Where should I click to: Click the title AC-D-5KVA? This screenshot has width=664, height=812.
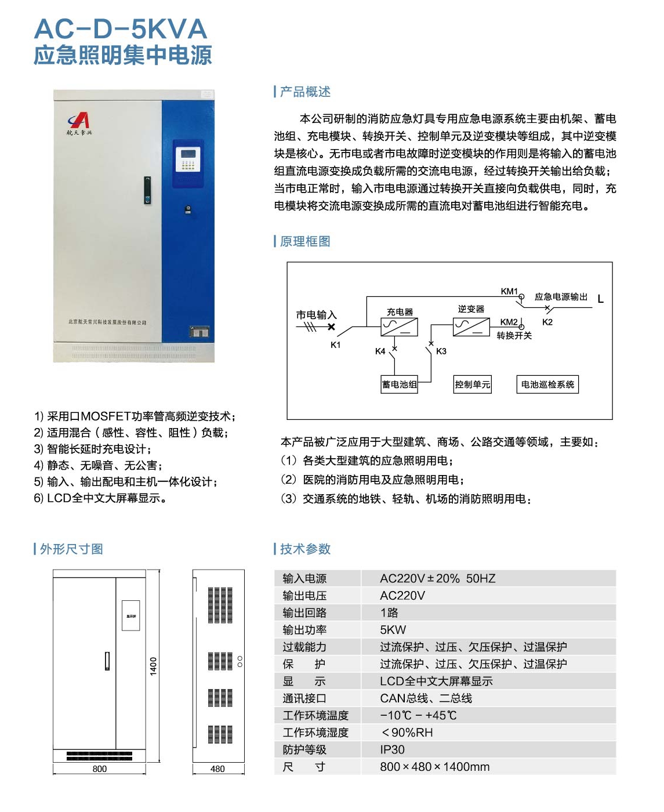point(121,29)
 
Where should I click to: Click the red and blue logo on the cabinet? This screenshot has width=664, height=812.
point(79,121)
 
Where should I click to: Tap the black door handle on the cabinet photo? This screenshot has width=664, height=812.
point(148,190)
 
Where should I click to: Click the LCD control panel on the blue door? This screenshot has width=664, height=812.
point(188,158)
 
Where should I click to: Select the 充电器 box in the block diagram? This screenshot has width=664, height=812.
point(399,327)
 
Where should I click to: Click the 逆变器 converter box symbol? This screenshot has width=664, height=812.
point(471,327)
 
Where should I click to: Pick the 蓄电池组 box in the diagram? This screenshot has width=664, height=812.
point(399,385)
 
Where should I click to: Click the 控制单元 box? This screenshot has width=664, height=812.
point(473,385)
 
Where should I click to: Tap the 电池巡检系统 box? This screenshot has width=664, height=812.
point(547,385)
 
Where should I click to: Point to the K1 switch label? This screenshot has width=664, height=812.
point(336,345)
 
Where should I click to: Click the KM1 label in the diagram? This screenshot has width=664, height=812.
point(509,291)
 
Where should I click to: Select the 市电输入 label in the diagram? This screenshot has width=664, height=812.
point(316,315)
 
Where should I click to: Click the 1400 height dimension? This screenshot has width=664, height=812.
point(153,666)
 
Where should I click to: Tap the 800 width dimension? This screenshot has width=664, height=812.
point(100,769)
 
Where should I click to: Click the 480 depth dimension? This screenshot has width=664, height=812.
point(217,769)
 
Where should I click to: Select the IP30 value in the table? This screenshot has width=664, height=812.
point(393,749)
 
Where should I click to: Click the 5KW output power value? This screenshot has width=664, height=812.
point(393,630)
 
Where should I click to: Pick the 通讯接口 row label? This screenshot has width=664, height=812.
point(304,698)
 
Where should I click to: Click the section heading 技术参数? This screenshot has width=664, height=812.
point(305,549)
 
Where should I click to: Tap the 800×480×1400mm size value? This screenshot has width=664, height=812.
point(435,767)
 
